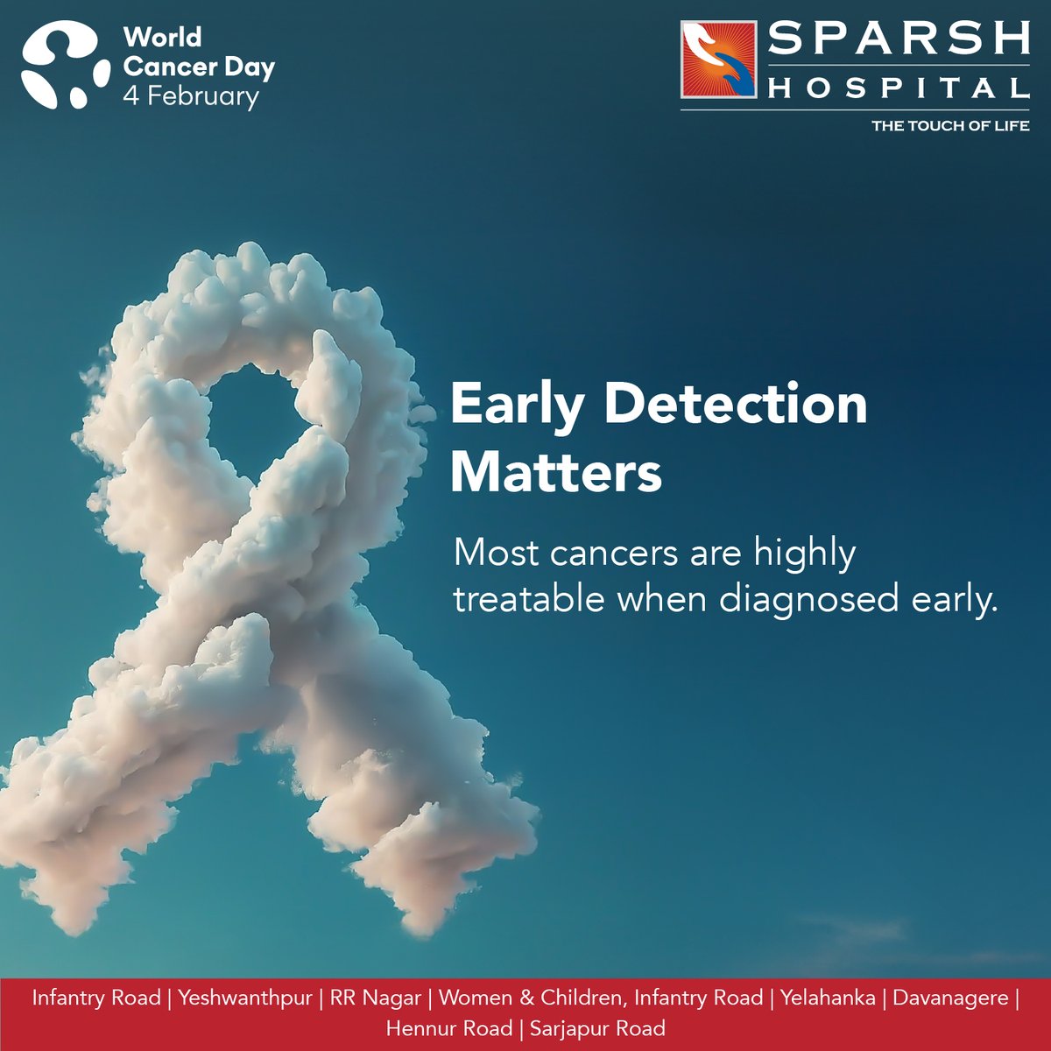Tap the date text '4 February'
(x=191, y=95)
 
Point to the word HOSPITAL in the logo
(x=898, y=88)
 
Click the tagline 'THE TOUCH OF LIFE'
(x=949, y=126)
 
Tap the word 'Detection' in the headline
(x=736, y=405)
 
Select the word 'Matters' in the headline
(x=555, y=472)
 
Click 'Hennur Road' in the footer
(x=448, y=1027)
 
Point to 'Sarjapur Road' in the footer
(x=597, y=1027)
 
